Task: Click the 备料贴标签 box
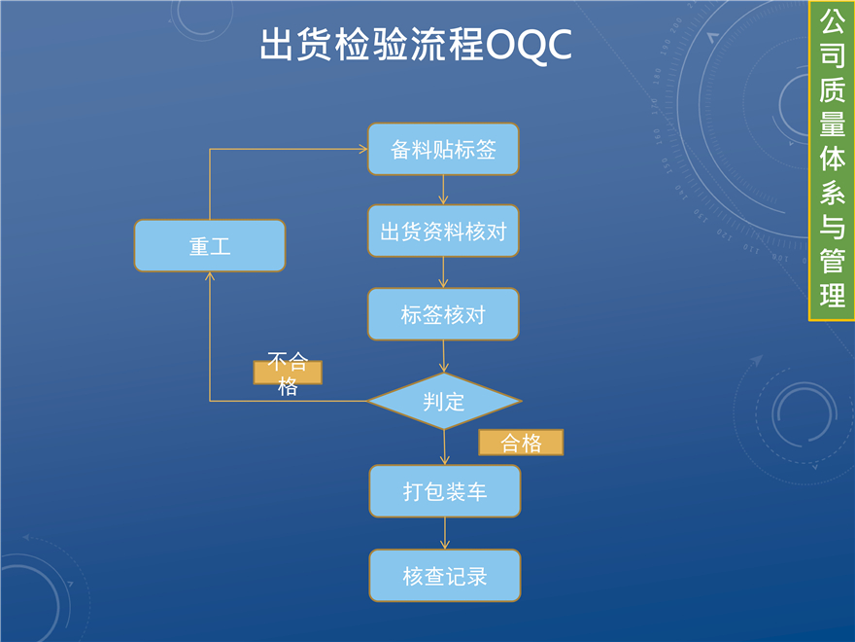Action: click(443, 150)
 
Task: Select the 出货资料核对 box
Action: click(443, 232)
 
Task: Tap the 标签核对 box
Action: click(443, 314)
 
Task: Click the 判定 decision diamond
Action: click(444, 401)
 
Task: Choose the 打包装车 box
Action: click(444, 491)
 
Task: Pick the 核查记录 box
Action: click(444, 575)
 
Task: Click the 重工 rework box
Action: click(210, 245)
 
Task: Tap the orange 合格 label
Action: click(521, 443)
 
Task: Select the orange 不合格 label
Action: click(288, 373)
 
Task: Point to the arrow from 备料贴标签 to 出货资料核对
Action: click(444, 190)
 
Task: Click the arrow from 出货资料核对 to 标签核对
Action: click(444, 271)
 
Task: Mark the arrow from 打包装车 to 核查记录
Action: click(445, 533)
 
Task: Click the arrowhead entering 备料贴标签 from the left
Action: click(361, 150)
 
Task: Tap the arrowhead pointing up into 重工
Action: click(210, 277)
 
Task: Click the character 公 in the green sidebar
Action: click(832, 20)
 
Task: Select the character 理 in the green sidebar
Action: click(832, 295)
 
